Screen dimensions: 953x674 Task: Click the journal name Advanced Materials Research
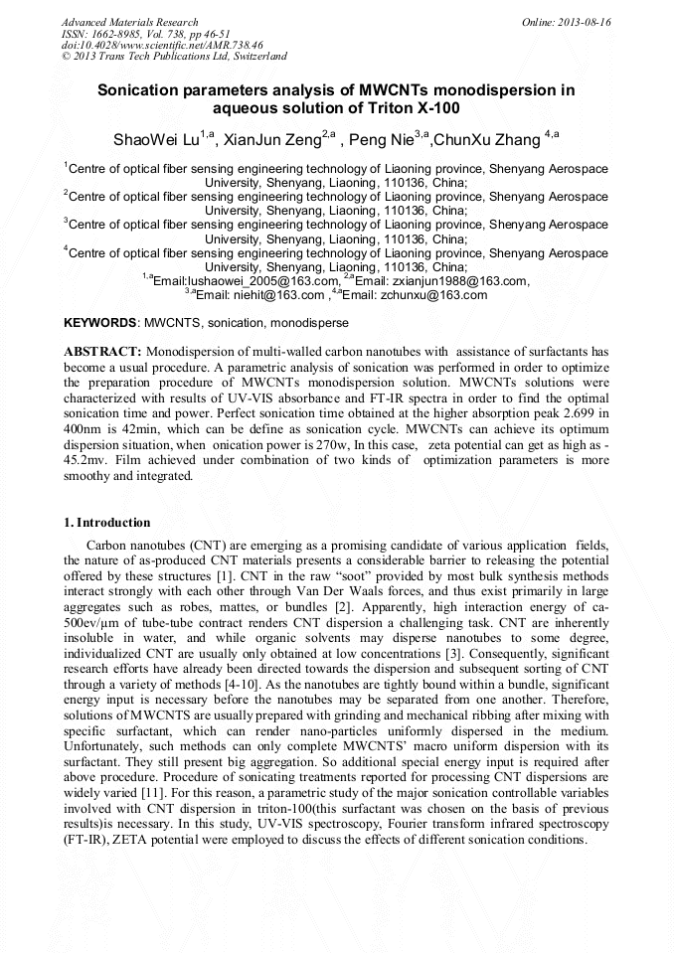(129, 22)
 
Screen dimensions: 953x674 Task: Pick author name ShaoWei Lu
(154, 137)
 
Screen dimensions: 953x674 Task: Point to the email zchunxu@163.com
(431, 295)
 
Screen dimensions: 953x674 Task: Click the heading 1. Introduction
(107, 523)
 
